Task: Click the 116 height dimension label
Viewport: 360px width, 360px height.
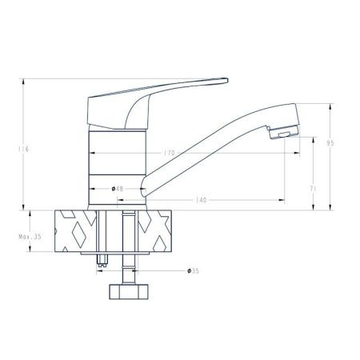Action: pos(23,149)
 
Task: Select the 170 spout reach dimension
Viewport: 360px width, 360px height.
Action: pos(170,153)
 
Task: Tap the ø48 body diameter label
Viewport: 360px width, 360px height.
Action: pos(118,189)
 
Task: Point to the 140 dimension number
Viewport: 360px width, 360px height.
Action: pos(202,200)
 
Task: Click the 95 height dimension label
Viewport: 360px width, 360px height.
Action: pos(330,143)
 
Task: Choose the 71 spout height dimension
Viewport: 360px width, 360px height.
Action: pos(313,189)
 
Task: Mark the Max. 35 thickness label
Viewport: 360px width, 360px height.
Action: pos(30,237)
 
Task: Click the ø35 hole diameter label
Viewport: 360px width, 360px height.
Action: pos(194,271)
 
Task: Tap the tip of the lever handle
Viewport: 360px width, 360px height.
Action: pos(227,80)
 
